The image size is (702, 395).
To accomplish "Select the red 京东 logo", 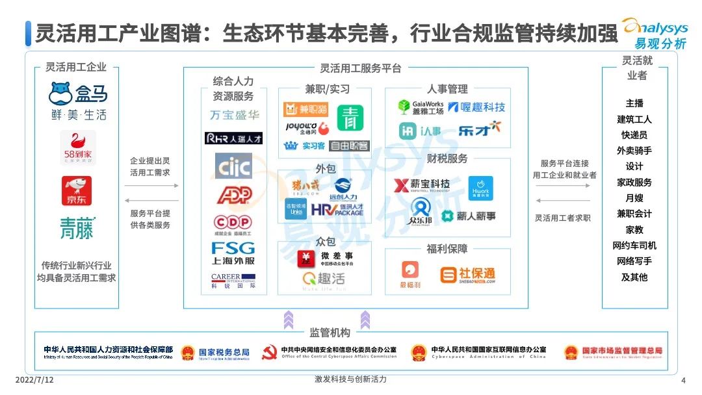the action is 77,190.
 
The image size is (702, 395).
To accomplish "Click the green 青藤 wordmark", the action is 77,229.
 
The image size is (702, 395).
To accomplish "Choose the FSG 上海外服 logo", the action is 233,253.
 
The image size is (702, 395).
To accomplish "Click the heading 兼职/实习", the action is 328,89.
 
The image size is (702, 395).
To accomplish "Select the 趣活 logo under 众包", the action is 323,279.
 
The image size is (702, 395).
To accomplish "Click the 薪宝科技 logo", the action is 422,185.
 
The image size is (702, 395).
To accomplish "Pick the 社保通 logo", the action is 467,275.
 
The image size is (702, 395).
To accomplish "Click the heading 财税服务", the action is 447,159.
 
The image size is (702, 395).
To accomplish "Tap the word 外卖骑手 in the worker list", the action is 634,151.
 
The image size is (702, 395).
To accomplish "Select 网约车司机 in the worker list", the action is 634,246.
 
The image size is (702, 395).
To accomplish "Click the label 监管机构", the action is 330,333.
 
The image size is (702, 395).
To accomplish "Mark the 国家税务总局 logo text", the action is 223,352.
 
